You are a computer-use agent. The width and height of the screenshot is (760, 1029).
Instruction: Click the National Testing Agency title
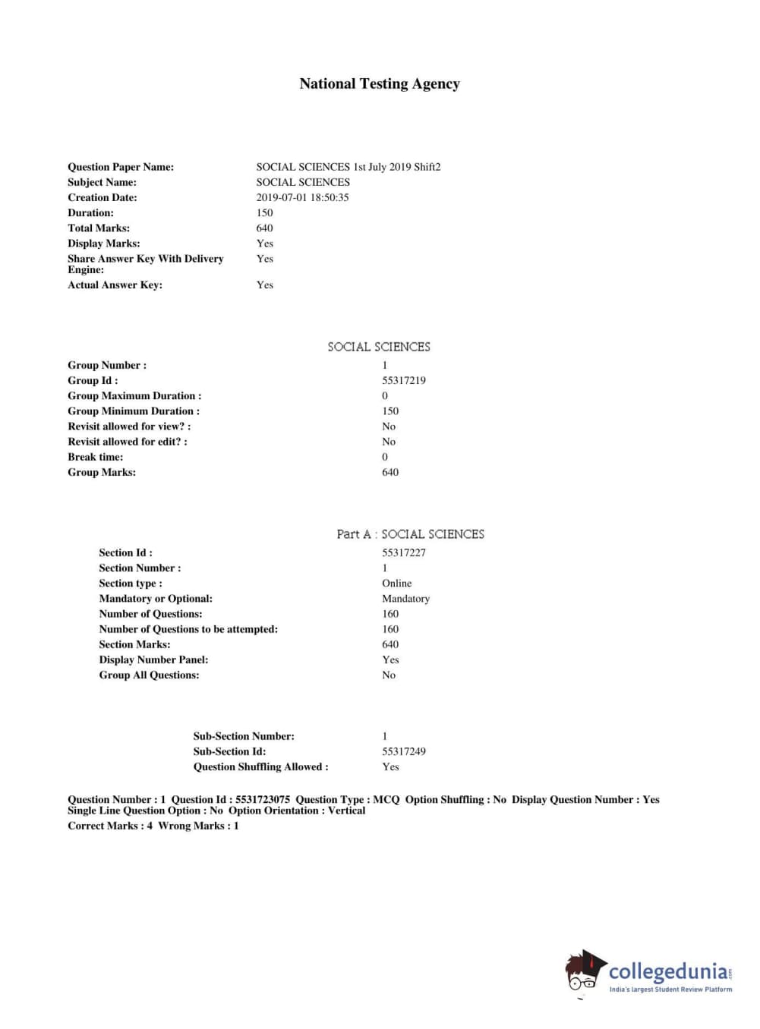click(x=380, y=84)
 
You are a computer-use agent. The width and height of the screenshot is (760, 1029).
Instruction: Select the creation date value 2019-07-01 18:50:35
click(x=302, y=197)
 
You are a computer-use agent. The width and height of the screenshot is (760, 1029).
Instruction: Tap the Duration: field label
click(x=90, y=213)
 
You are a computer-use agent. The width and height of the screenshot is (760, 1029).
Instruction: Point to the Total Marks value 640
click(x=264, y=228)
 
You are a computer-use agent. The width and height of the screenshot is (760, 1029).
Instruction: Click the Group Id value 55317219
click(x=403, y=381)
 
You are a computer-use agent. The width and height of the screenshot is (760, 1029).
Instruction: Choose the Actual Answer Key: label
click(x=115, y=285)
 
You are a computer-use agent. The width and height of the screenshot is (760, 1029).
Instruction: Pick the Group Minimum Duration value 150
click(x=390, y=411)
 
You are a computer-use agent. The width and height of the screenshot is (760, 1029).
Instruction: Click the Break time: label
click(x=95, y=457)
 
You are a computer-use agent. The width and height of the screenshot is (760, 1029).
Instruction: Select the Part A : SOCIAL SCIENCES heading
click(x=410, y=534)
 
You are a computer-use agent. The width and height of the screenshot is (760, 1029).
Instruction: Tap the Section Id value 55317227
click(x=403, y=553)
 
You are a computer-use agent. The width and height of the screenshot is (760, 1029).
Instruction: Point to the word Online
click(x=396, y=584)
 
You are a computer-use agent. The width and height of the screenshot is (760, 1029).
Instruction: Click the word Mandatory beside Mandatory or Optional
click(x=405, y=599)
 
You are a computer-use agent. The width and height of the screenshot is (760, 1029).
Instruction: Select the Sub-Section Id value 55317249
click(x=403, y=752)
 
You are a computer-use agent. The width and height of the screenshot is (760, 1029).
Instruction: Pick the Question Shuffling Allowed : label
click(x=260, y=767)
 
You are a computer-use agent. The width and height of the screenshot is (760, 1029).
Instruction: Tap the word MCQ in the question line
click(x=386, y=800)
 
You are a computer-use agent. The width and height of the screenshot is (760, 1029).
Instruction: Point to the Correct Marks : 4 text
click(x=110, y=826)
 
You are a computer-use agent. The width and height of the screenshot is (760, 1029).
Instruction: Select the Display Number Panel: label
click(x=153, y=660)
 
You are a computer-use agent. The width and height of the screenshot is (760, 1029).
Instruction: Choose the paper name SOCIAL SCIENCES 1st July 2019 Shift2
click(x=348, y=167)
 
